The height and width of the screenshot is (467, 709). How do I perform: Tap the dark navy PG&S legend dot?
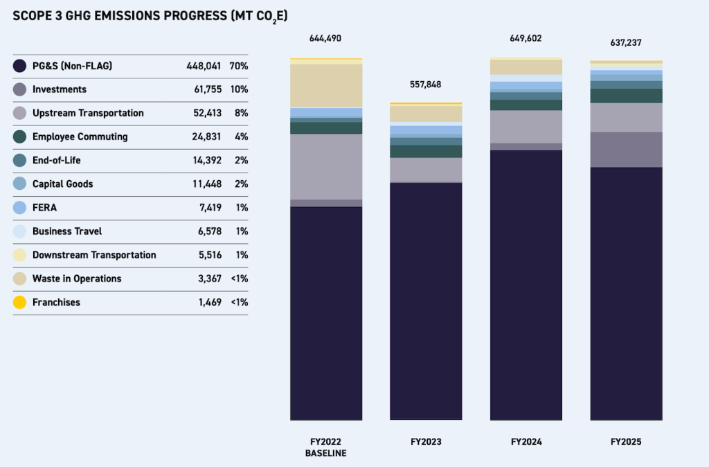(x=20, y=66)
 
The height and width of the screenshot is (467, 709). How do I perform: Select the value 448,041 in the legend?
(x=204, y=66)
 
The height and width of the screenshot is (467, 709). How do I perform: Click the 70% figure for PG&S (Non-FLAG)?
(x=239, y=66)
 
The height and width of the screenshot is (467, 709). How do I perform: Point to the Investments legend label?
(x=60, y=89)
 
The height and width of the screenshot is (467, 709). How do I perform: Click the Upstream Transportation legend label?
(x=88, y=113)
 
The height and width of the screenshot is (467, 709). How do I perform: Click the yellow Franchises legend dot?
(x=20, y=302)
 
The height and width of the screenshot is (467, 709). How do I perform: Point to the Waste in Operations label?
(x=77, y=279)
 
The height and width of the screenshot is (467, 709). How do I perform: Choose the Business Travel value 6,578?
(x=208, y=231)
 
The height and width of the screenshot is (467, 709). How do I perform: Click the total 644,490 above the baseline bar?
(x=325, y=39)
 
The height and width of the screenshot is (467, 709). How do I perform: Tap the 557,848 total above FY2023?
(x=426, y=85)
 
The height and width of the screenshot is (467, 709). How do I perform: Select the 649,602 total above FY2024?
(x=526, y=39)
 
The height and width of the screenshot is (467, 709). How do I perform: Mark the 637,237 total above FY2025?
(x=626, y=43)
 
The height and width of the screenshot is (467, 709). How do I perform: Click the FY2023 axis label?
(x=426, y=441)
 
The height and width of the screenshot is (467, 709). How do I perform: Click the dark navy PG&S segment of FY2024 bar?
(x=526, y=284)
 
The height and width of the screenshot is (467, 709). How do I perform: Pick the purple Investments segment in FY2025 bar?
(x=626, y=150)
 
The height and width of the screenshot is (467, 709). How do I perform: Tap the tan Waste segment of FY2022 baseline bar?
(x=325, y=85)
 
